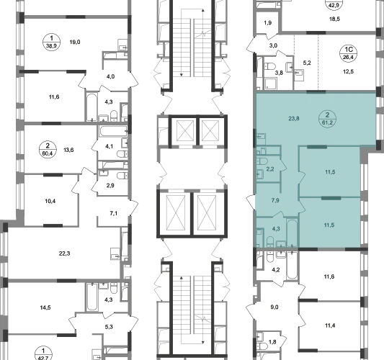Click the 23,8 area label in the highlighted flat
tap(294, 119)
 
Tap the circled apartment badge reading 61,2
tap(327, 119)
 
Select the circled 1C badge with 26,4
tap(348, 53)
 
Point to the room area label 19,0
tap(75, 42)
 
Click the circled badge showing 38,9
tap(51, 42)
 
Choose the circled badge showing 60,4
tap(48, 150)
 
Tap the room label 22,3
tap(64, 253)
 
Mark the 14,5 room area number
tap(45, 307)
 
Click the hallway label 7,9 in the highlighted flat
tap(275, 200)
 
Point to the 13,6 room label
tap(68, 150)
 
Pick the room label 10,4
tap(50, 201)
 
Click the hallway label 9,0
tap(274, 307)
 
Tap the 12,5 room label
tap(348, 72)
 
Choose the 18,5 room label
tap(334, 19)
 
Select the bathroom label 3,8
tap(279, 73)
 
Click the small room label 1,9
tap(268, 23)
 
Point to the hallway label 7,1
tap(113, 213)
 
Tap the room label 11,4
tap(330, 325)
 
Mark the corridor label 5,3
tap(109, 327)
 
